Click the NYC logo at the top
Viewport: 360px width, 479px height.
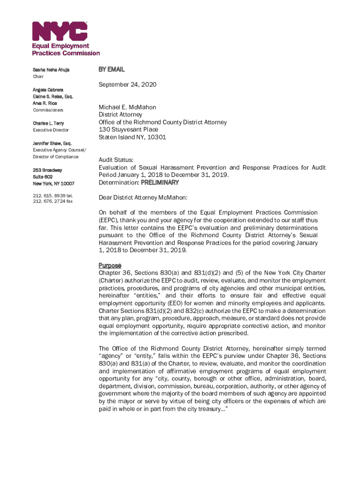tap(59, 31)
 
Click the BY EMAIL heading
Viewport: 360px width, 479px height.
tap(111, 69)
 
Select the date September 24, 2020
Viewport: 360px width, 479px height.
tap(127, 85)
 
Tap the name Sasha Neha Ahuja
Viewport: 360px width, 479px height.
tap(51, 70)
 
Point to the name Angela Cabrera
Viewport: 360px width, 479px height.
tap(48, 89)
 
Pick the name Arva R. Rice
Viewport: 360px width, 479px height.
tap(45, 103)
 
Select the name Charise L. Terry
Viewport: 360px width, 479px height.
tap(48, 123)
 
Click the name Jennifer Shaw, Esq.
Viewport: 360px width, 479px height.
tap(52, 143)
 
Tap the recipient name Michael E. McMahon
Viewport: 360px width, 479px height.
tap(127, 107)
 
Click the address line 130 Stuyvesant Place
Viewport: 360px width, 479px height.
tap(128, 130)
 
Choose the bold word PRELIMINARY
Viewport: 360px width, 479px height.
tap(160, 182)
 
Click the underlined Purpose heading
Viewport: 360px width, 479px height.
tap(109, 265)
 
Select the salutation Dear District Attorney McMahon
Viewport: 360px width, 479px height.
tap(143, 197)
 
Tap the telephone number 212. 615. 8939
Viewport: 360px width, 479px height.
tap(49, 195)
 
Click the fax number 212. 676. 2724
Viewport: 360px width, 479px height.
tap(49, 201)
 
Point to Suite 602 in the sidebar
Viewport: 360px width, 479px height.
tap(43, 177)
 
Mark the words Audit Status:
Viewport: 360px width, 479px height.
tap(115, 160)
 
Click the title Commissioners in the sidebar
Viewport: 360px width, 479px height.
tap(48, 110)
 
